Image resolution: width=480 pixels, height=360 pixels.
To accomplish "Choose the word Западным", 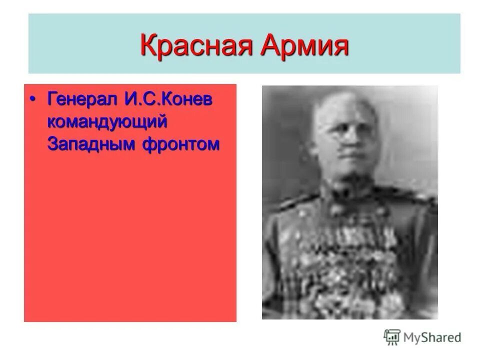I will [x=91, y=144].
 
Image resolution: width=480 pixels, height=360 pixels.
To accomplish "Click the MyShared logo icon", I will [x=392, y=337].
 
